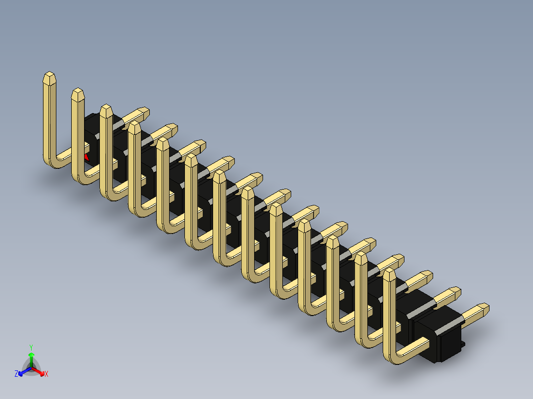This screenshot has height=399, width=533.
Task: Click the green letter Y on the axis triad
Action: point(31,347)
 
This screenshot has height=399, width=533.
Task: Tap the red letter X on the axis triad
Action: point(46,374)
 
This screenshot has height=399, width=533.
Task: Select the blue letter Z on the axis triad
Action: point(16,374)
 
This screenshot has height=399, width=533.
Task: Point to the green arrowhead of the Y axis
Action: point(31,355)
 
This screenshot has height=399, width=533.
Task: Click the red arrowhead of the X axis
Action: point(41,372)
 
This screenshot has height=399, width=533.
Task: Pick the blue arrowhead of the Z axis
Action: point(21,372)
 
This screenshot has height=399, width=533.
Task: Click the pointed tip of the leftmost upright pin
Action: point(49,76)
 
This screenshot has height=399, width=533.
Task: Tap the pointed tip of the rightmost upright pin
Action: point(389,272)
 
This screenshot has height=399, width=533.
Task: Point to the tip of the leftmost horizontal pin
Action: point(144,111)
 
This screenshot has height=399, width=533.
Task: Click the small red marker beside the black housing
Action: point(87,158)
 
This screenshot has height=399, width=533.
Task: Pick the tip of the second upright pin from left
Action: point(78,93)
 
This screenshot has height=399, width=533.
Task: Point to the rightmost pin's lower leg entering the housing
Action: point(415,346)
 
